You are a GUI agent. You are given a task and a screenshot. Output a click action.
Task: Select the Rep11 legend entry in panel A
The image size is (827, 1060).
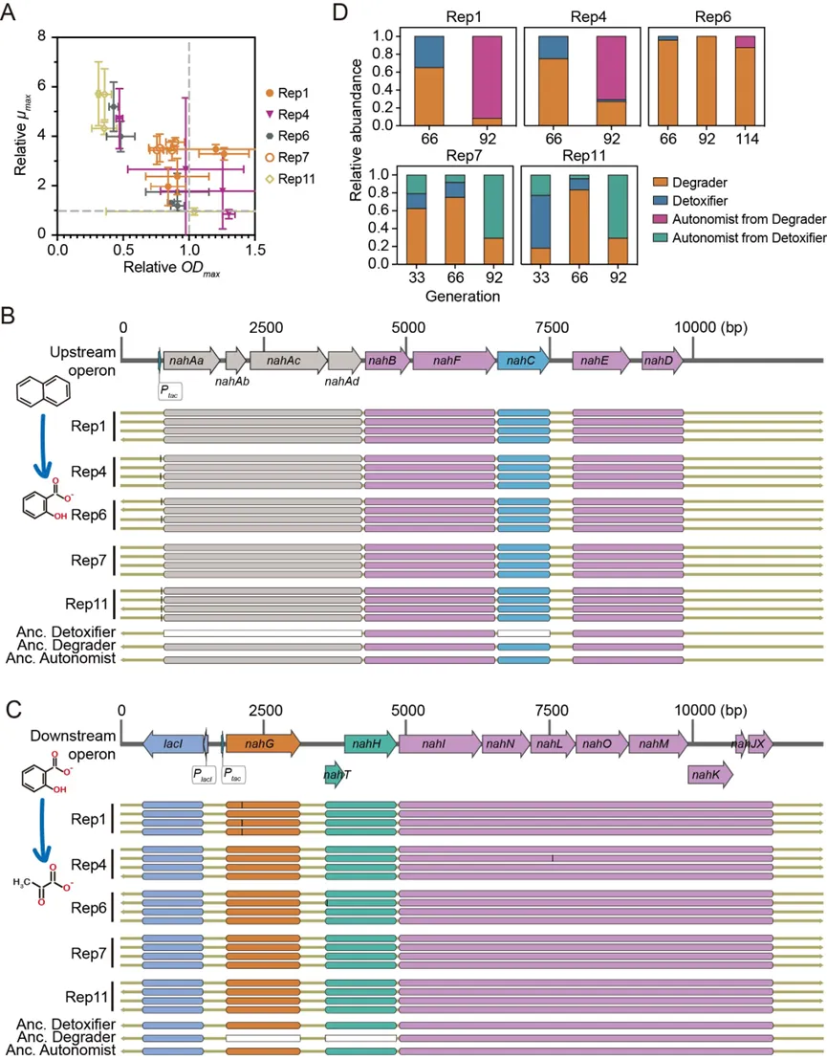[292, 178]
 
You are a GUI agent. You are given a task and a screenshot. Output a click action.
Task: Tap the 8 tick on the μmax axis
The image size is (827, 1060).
[41, 36]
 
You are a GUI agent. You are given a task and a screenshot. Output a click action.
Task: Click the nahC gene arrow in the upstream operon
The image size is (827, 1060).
[523, 360]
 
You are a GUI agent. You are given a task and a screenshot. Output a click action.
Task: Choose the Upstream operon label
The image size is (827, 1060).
[69, 362]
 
